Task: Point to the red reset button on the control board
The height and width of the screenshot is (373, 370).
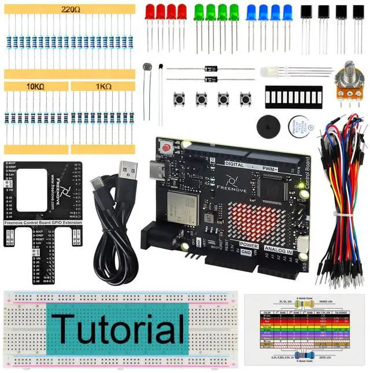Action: pos(167,147)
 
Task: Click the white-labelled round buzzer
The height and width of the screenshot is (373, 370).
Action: pos(299,125)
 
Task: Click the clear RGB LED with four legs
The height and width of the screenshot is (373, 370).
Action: pos(269,72)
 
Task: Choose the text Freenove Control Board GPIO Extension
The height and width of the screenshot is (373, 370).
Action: pos(42,221)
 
